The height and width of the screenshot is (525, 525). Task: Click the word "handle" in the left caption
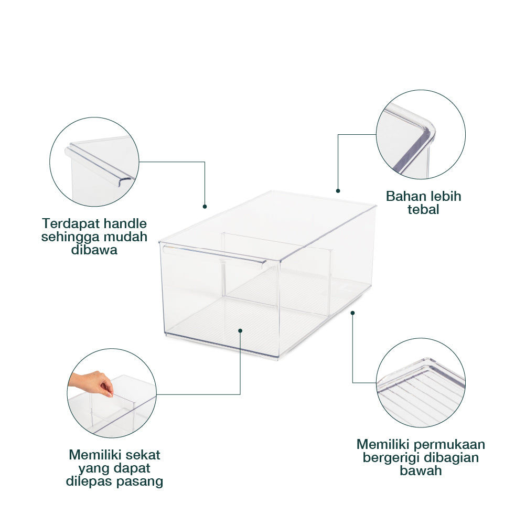click(x=126, y=223)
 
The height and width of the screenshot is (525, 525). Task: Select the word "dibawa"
click(x=94, y=250)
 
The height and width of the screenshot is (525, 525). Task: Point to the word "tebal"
click(x=423, y=210)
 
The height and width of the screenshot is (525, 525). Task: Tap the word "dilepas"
click(x=89, y=481)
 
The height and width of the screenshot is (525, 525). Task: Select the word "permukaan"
click(x=449, y=444)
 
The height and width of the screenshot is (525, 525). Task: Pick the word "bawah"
click(x=421, y=471)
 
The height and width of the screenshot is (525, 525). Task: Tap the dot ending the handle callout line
click(x=205, y=207)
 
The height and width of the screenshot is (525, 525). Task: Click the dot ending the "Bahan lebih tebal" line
click(x=338, y=191)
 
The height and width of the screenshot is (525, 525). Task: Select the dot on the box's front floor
click(x=240, y=331)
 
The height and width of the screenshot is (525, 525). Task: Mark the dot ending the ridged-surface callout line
click(x=352, y=313)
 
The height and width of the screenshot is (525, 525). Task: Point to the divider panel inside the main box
click(x=276, y=268)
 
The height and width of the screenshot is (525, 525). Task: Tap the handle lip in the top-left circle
click(x=101, y=164)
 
